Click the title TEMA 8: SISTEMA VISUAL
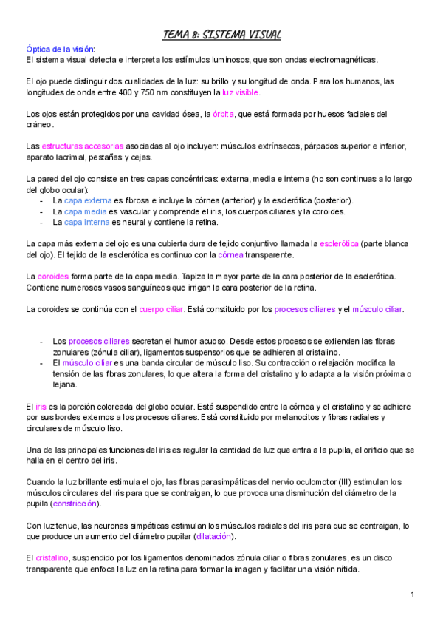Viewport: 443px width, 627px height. point(221,35)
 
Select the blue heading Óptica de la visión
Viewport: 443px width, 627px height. point(60,48)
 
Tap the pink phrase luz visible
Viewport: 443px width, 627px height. point(241,93)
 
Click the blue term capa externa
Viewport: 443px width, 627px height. point(88,200)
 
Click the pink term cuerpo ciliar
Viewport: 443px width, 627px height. point(162,308)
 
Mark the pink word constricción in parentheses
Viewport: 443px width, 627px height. point(75,504)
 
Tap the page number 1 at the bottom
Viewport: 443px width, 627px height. point(412,595)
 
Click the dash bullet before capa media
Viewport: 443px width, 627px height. point(44,211)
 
